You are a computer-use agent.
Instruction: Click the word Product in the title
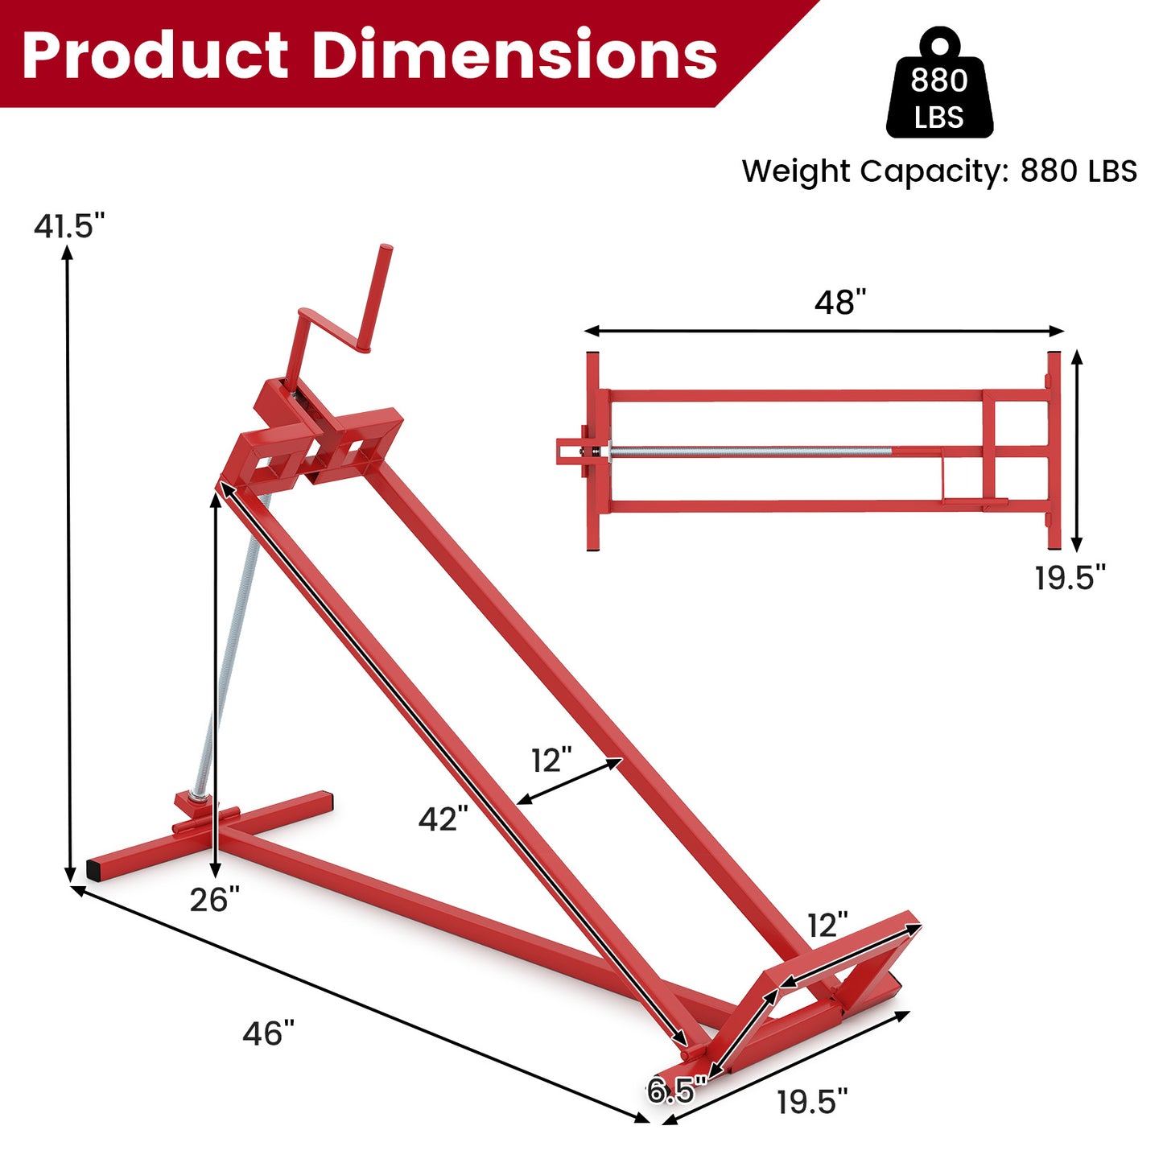pyautogui.click(x=155, y=55)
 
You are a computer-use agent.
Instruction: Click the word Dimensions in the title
pyautogui.click(x=513, y=55)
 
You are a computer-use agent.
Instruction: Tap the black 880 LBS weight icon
pyautogui.click(x=939, y=85)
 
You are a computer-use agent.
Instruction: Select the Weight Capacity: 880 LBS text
pyautogui.click(x=939, y=171)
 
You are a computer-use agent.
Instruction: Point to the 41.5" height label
pyautogui.click(x=69, y=226)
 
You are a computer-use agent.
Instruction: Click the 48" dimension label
pyautogui.click(x=839, y=303)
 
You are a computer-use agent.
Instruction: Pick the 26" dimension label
pyautogui.click(x=215, y=900)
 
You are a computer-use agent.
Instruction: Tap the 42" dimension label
pyautogui.click(x=443, y=819)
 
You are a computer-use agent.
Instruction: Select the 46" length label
pyautogui.click(x=269, y=1033)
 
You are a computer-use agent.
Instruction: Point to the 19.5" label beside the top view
pyautogui.click(x=1070, y=578)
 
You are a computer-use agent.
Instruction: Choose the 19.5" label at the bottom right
pyautogui.click(x=812, y=1102)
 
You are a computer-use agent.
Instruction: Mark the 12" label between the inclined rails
pyautogui.click(x=551, y=760)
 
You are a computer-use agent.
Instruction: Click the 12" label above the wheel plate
pyautogui.click(x=827, y=926)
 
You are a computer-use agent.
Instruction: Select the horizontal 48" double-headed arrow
pyautogui.click(x=824, y=331)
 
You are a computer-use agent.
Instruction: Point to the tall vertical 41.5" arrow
pyautogui.click(x=69, y=563)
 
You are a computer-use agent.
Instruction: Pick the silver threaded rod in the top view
pyautogui.click(x=749, y=452)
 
